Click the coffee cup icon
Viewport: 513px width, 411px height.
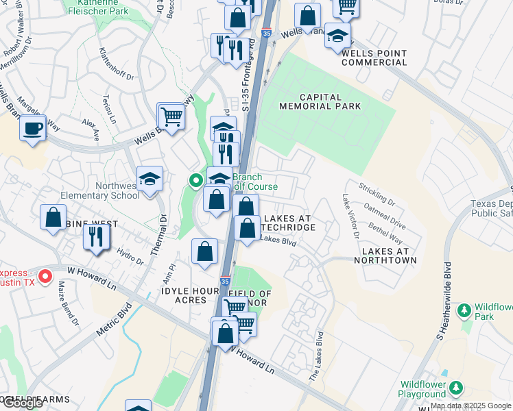[32, 128]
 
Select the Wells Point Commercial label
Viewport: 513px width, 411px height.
[374, 58]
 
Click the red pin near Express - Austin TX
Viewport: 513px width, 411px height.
[45, 276]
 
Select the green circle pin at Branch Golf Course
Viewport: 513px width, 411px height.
[195, 182]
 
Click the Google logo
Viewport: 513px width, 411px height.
[23, 402]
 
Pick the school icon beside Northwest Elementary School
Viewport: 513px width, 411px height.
[150, 179]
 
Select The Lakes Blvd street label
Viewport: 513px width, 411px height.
[316, 356]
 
